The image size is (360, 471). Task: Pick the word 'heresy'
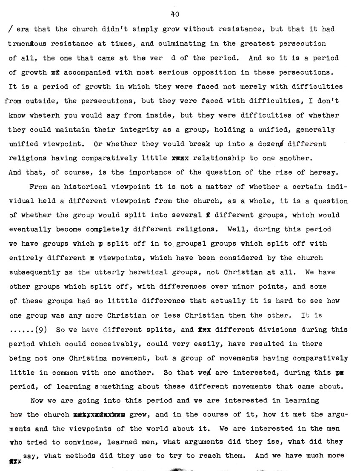[x=326, y=172]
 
